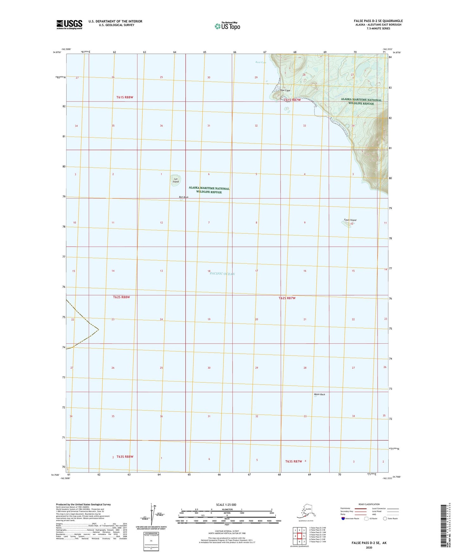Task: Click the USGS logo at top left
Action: (x=69, y=24)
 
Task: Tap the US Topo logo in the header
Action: (x=227, y=26)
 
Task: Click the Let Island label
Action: (x=176, y=181)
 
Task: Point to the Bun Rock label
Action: (x=184, y=197)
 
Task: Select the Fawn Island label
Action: (x=350, y=220)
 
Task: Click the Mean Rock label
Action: (x=319, y=394)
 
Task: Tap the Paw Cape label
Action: (x=285, y=90)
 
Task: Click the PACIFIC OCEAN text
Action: (x=222, y=274)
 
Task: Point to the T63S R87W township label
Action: (x=294, y=461)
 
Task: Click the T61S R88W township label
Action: (x=122, y=97)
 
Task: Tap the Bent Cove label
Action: (x=261, y=63)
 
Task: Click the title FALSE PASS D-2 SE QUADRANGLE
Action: (x=378, y=21)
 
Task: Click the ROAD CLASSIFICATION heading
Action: (x=369, y=504)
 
